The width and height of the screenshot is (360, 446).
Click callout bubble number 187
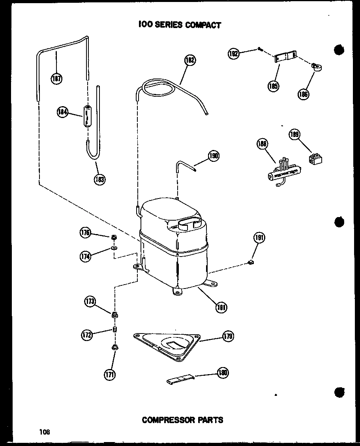tap(56, 79)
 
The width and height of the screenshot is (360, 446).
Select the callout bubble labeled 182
tap(190, 61)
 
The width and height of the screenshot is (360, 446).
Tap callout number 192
tap(234, 53)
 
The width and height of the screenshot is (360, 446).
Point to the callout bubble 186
tap(304, 94)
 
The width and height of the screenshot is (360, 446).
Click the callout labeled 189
tap(294, 135)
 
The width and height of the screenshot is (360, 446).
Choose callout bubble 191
tap(259, 238)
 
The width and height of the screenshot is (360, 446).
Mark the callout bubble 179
tap(228, 336)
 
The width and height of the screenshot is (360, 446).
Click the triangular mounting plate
tap(166, 344)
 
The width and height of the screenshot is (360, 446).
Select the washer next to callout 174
tap(114, 248)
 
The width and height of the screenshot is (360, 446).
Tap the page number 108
tap(45, 432)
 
